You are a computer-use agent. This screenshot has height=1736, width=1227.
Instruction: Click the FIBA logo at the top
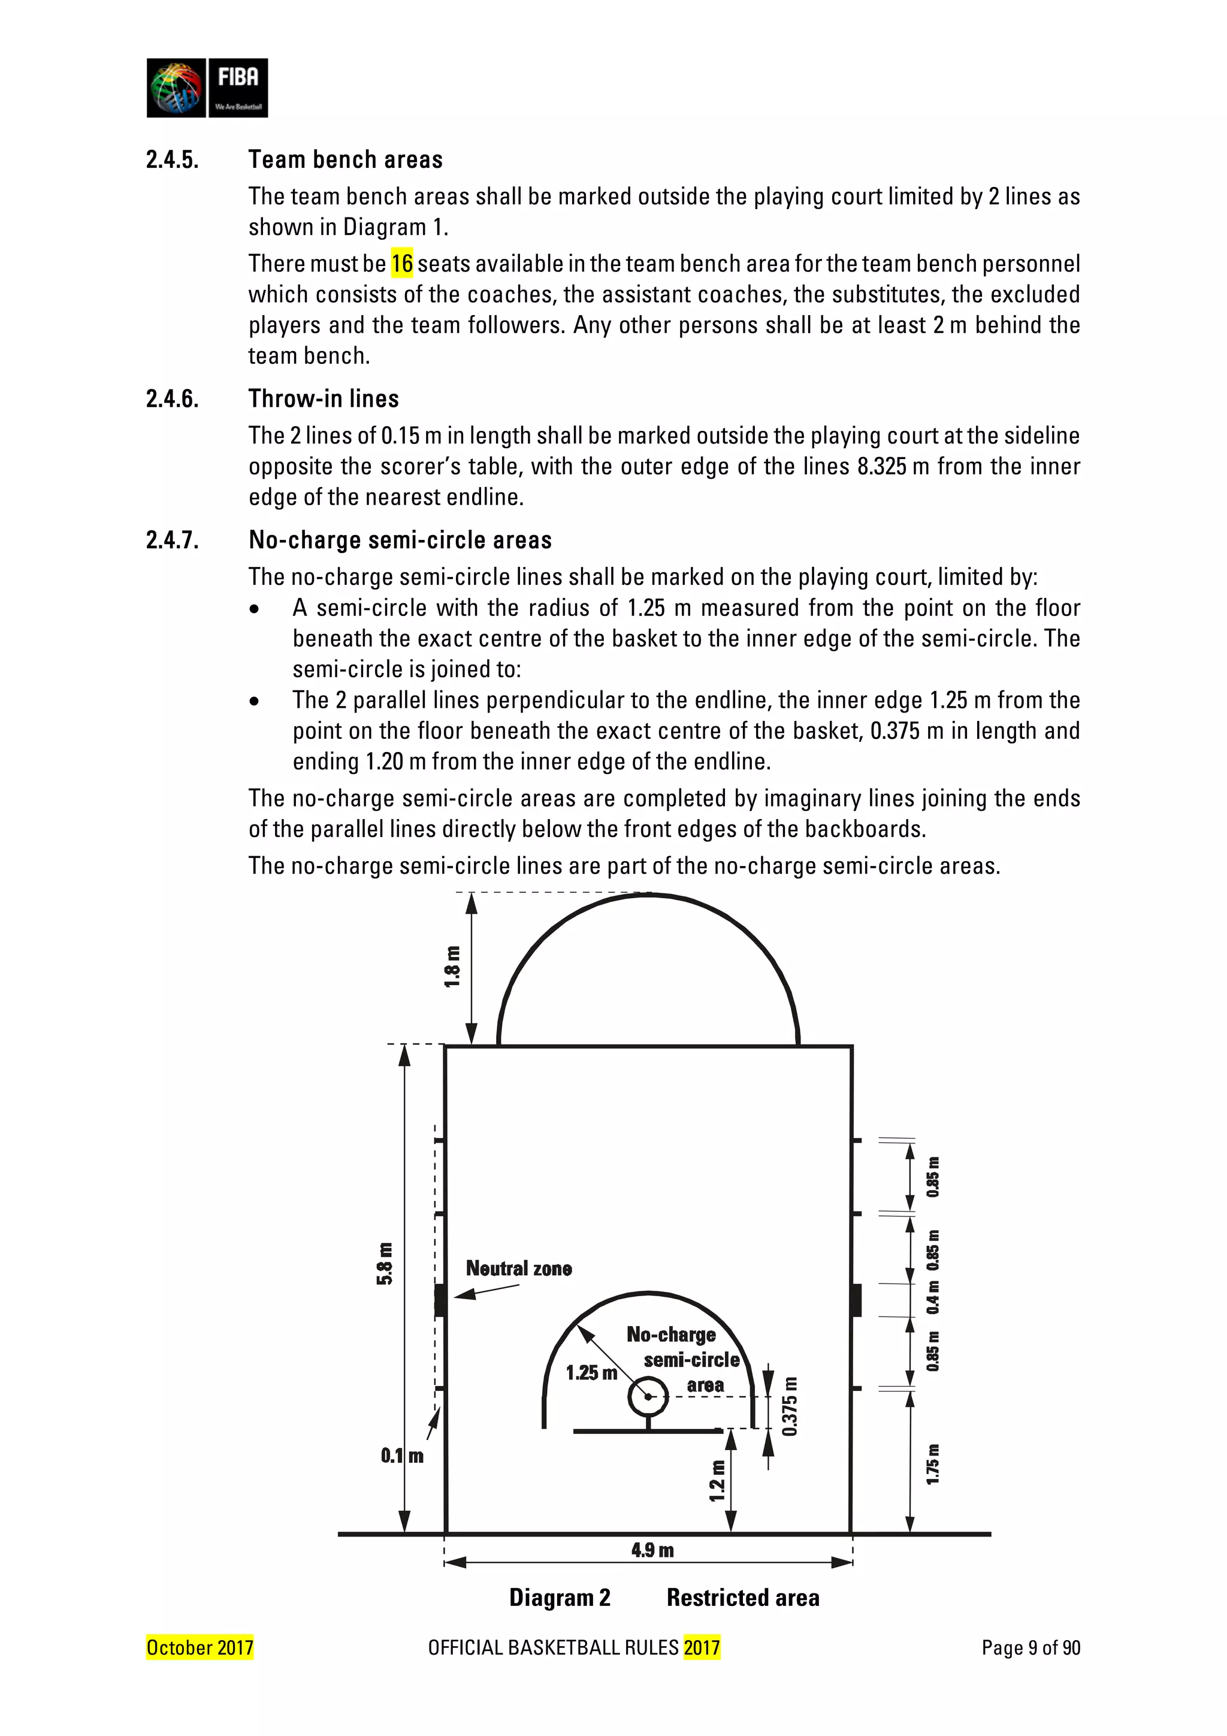point(207,87)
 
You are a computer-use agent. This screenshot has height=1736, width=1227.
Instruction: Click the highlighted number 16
point(401,263)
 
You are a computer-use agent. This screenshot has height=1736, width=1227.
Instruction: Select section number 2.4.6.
point(173,398)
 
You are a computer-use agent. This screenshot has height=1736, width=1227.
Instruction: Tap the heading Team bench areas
point(346,159)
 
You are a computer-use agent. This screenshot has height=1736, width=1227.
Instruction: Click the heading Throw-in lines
point(324,398)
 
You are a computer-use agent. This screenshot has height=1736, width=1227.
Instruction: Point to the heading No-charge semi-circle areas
point(400,540)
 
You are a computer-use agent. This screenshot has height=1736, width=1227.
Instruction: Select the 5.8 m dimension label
point(385,1263)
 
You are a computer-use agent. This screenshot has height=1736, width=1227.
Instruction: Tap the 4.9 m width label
point(652,1551)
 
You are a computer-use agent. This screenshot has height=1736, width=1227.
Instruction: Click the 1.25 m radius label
point(591,1373)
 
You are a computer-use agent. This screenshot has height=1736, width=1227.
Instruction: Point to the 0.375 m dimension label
point(790,1406)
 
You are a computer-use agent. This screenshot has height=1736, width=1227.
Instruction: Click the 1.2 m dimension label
point(717,1481)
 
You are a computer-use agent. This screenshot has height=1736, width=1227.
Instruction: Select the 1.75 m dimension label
point(933,1465)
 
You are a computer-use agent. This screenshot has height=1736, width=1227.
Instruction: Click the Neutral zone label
point(519,1269)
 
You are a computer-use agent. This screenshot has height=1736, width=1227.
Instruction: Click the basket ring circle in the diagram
point(648,1396)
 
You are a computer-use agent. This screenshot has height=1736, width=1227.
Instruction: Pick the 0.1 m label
point(401,1456)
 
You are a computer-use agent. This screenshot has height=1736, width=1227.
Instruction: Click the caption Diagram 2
point(560,1598)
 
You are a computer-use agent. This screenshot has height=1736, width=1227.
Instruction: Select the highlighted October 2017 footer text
point(200,1647)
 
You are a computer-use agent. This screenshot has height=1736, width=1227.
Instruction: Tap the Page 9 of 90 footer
point(1030,1647)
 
